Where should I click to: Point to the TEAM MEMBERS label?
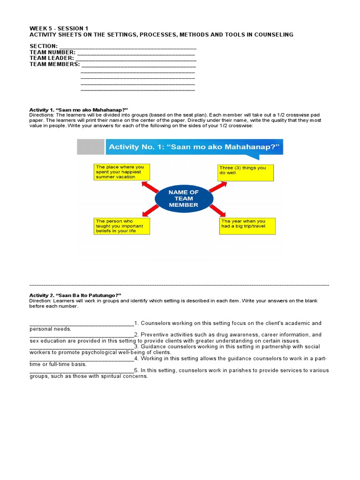(54, 64)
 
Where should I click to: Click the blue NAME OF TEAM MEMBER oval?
(183, 198)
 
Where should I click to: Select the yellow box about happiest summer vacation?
(122, 172)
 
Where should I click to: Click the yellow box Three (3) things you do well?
(245, 172)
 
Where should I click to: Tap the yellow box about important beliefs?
(122, 226)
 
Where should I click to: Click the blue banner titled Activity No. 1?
(194, 147)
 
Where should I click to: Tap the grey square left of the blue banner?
(90, 147)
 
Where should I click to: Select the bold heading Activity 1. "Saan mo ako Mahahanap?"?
(78, 110)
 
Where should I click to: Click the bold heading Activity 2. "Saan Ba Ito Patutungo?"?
(75, 295)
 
